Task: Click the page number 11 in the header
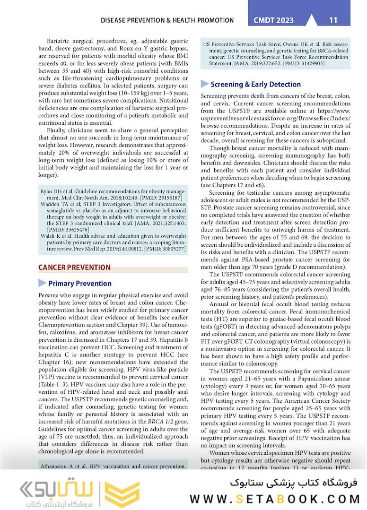click(333, 20)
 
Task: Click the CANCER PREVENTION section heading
click(74, 268)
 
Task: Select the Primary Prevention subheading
click(80, 284)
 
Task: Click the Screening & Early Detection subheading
click(255, 85)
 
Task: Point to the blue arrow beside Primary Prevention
click(43, 283)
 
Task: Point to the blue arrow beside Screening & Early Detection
click(205, 84)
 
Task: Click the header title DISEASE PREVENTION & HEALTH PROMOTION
click(167, 20)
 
